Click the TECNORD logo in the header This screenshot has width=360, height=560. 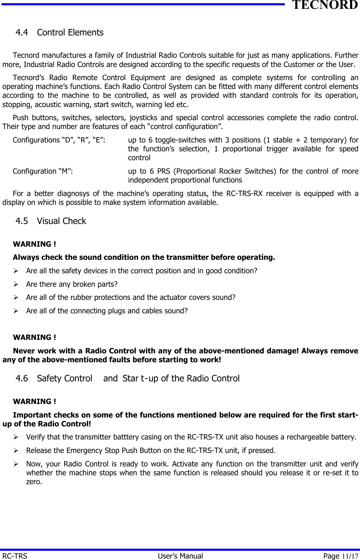(x=325, y=5)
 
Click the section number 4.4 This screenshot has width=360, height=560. (x=22, y=33)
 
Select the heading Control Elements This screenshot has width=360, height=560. (x=70, y=33)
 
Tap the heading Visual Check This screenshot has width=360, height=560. (x=61, y=221)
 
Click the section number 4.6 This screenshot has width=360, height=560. (x=22, y=379)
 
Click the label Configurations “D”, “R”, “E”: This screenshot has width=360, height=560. (x=59, y=140)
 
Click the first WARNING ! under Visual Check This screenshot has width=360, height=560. (x=34, y=244)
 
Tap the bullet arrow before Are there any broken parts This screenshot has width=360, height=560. (x=16, y=284)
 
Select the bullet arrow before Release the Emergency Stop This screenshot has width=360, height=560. (x=16, y=450)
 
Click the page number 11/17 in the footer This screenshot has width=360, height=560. (x=350, y=556)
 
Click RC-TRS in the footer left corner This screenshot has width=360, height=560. (x=15, y=556)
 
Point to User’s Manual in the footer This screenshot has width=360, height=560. (x=180, y=556)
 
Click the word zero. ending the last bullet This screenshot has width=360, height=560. (x=34, y=482)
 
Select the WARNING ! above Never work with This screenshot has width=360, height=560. (x=34, y=337)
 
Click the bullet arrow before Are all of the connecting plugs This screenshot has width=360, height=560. (x=16, y=311)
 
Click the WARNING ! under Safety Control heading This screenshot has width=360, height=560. (x=34, y=402)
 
